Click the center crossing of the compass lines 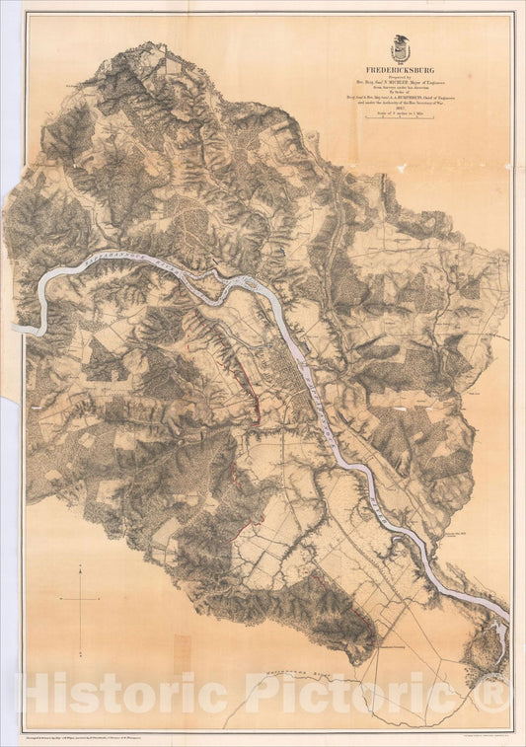point(79,598)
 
